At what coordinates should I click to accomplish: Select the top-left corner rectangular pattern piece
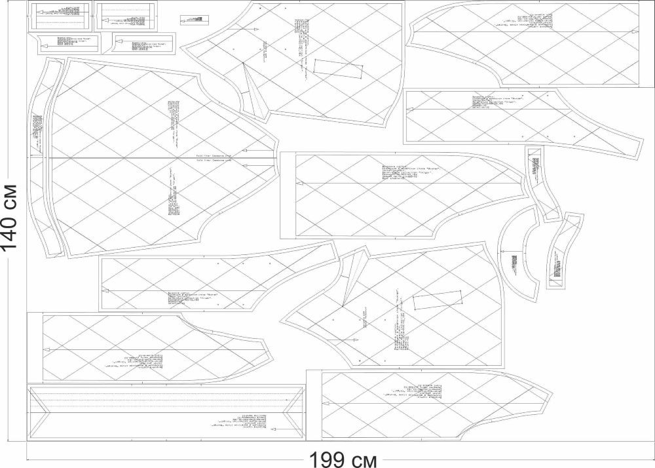pyautogui.click(x=60, y=15)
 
